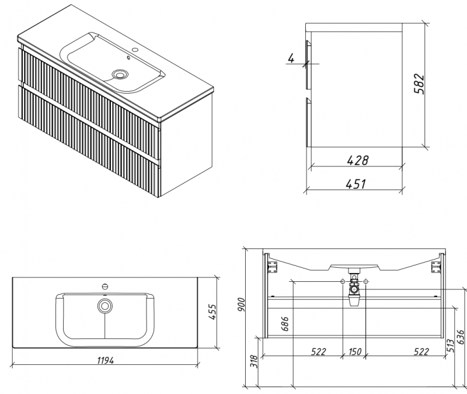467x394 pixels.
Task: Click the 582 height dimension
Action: (419, 84)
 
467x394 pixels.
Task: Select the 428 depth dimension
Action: (358, 160)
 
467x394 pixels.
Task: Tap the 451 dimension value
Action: (356, 184)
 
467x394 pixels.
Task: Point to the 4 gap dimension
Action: (291, 58)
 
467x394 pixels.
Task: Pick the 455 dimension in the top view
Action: (212, 312)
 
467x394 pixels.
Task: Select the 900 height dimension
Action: (241, 305)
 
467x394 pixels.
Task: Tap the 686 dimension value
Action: (285, 324)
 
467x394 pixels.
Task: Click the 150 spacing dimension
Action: (354, 352)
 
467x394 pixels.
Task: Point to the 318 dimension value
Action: (254, 361)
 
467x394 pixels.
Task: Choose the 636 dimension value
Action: (461, 337)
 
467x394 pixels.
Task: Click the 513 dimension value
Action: (451, 346)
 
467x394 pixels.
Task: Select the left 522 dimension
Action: (318, 352)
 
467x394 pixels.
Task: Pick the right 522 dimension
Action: (421, 352)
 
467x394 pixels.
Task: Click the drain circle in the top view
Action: (104, 306)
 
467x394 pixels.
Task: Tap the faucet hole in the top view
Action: (104, 286)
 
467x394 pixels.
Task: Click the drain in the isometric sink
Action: (120, 74)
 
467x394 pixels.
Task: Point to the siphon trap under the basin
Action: (354, 288)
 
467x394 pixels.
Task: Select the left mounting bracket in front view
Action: (273, 267)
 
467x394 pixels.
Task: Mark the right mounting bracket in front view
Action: (435, 267)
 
